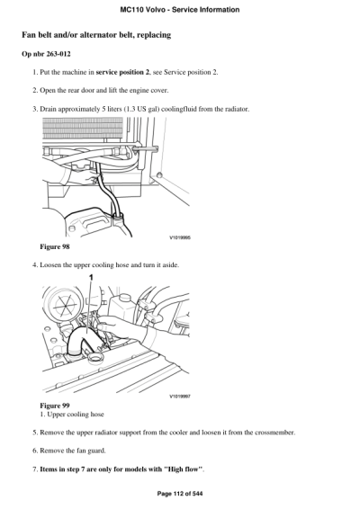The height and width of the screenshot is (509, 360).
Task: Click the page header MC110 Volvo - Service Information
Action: [179, 10]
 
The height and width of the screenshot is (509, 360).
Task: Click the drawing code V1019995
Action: [181, 237]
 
